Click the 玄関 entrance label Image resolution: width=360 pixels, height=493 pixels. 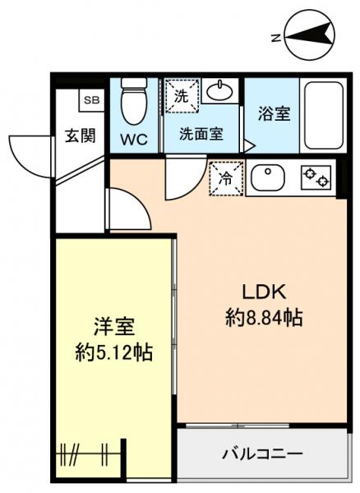[81, 136]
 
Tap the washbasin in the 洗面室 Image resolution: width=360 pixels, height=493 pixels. [219, 92]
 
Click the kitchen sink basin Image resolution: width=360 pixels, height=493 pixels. [267, 177]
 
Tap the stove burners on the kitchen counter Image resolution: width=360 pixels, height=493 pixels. [315, 177]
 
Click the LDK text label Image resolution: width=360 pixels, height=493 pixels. [263, 293]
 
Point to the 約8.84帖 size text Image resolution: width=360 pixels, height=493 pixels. [263, 316]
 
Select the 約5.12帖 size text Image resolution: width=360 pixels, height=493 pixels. [112, 353]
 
